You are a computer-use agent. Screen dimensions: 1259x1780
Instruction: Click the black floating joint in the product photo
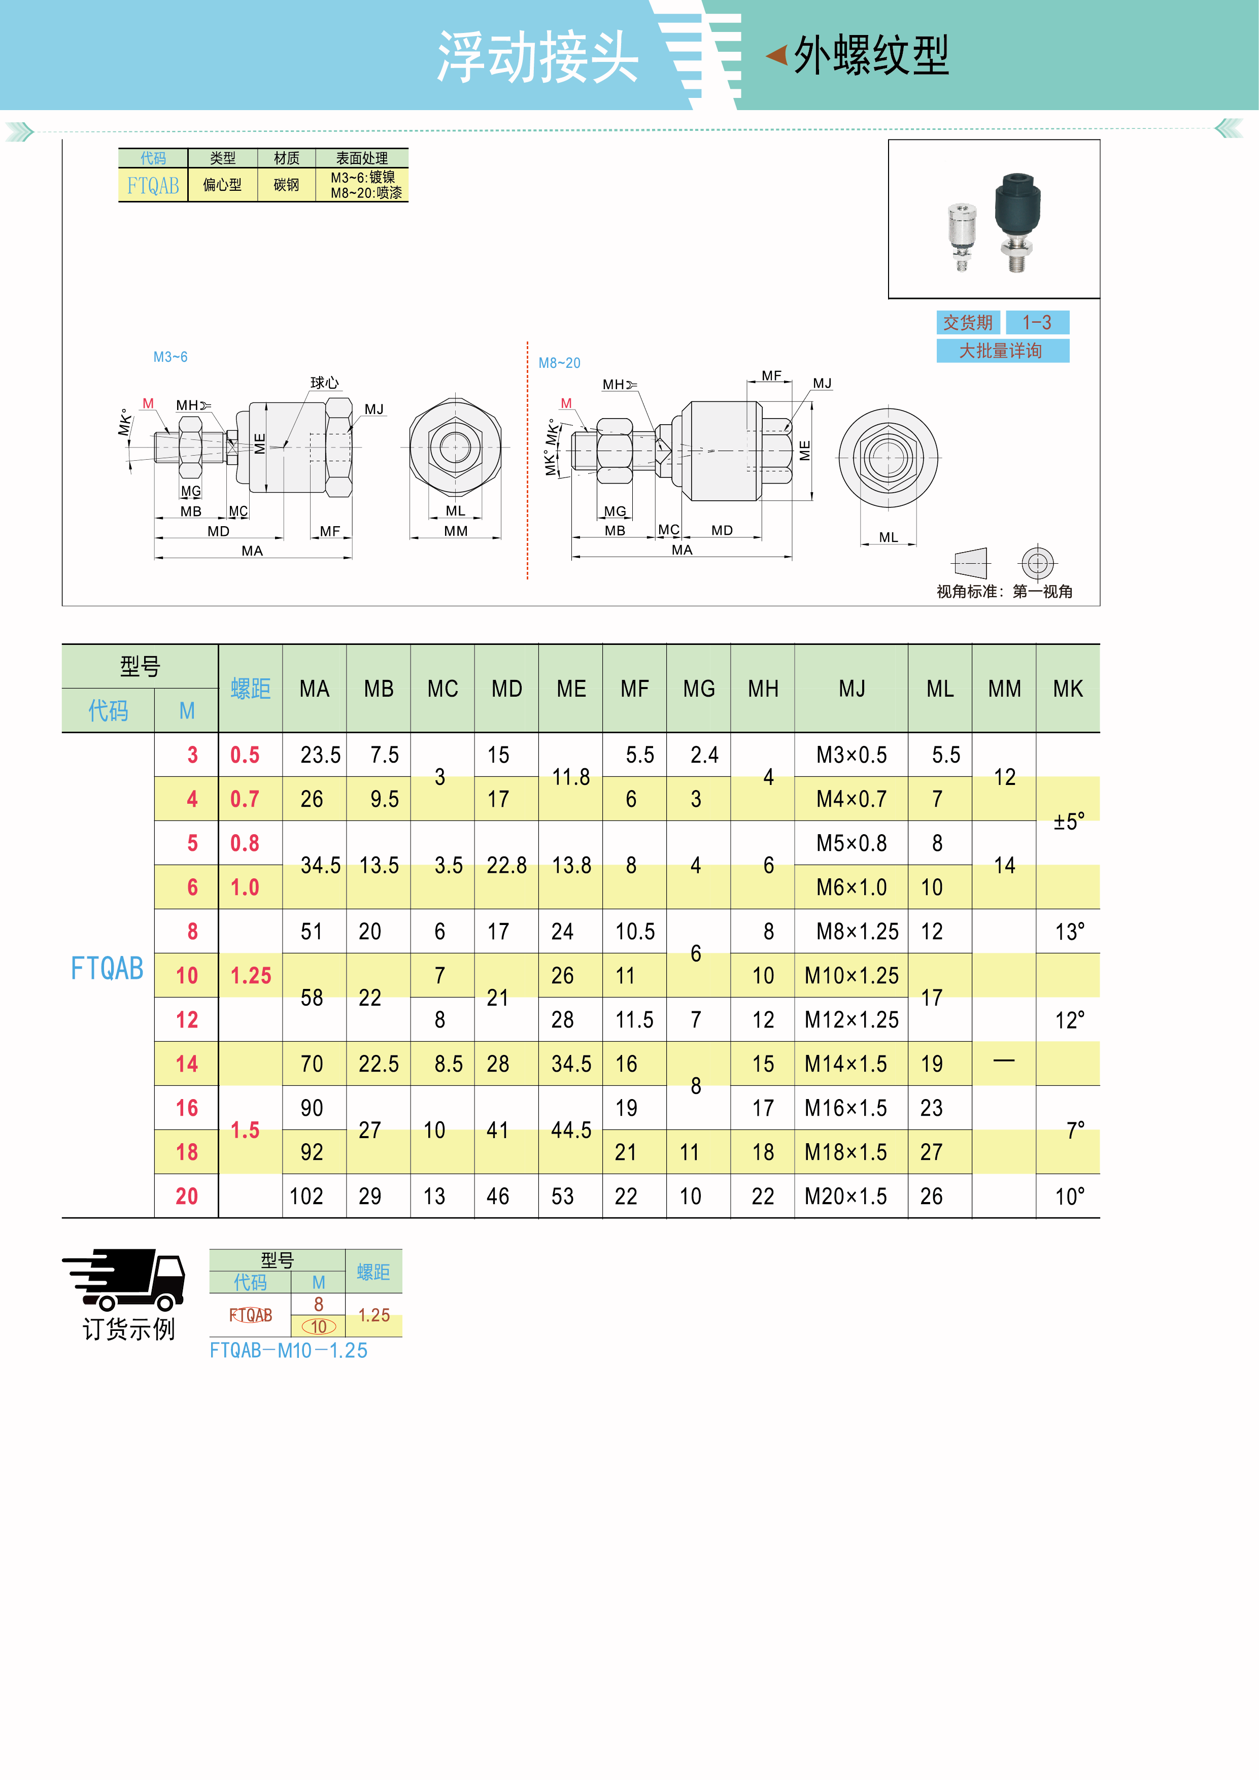[1017, 223]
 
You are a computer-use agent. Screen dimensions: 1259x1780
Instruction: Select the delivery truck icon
[124, 1279]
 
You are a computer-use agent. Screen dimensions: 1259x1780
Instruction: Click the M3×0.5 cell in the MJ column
[851, 755]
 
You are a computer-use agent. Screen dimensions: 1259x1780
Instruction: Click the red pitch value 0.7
[245, 799]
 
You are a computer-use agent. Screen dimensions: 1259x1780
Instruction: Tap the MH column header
[763, 689]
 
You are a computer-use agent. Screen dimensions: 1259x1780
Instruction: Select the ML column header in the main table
[940, 689]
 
